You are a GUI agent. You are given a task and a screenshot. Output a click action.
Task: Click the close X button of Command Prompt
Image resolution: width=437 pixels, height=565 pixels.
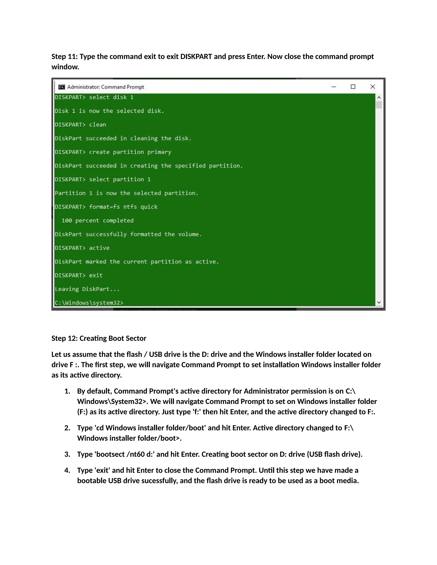pyautogui.click(x=373, y=87)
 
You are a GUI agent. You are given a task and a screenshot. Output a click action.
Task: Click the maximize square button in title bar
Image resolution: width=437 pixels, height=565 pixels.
pyautogui.click(x=353, y=87)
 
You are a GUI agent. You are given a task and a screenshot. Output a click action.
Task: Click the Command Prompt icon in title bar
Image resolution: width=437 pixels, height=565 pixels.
pyautogui.click(x=62, y=87)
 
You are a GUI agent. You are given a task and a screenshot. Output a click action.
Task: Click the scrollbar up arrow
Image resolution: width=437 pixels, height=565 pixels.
pyautogui.click(x=379, y=97)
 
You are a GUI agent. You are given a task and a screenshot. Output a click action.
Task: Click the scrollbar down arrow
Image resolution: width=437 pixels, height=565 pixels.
pyautogui.click(x=379, y=302)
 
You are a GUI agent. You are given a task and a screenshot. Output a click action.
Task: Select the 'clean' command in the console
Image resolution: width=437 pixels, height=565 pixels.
pyautogui.click(x=98, y=125)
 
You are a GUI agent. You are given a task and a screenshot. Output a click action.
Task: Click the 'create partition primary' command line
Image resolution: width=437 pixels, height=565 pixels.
pyautogui.click(x=130, y=152)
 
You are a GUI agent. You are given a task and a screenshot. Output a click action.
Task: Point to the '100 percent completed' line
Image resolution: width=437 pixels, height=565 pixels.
pyautogui.click(x=98, y=221)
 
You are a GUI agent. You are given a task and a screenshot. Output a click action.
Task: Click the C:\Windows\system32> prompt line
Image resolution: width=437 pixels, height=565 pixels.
pyautogui.click(x=89, y=303)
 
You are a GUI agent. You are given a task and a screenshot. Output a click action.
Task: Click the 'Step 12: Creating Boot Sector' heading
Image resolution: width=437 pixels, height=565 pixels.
pyautogui.click(x=99, y=338)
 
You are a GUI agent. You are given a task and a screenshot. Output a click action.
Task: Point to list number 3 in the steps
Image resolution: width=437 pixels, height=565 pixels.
pyautogui.click(x=67, y=454)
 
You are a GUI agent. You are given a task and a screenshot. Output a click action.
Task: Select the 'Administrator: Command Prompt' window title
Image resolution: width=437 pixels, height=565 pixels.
pyautogui.click(x=105, y=87)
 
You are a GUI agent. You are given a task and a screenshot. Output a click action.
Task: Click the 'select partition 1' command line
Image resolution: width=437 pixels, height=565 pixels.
pyautogui.click(x=120, y=180)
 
